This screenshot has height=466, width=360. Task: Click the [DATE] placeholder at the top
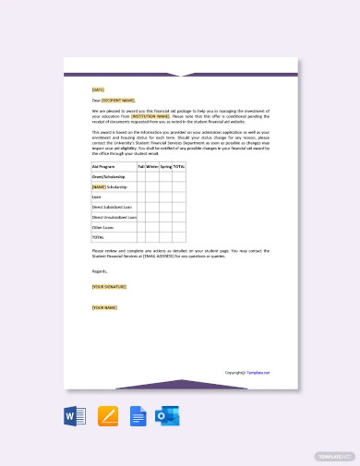98,90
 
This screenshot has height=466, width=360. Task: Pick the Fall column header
141,166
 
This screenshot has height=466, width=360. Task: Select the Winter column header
152,166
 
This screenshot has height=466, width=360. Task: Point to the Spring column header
166,166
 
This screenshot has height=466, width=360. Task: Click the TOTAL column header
179,166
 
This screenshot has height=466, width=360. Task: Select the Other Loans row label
102,227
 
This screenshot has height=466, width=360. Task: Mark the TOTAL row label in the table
98,237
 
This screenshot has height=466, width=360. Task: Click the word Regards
100,271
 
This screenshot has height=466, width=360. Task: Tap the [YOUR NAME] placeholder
104,307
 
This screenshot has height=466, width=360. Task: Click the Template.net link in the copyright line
258,373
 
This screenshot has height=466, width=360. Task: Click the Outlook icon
169,415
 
